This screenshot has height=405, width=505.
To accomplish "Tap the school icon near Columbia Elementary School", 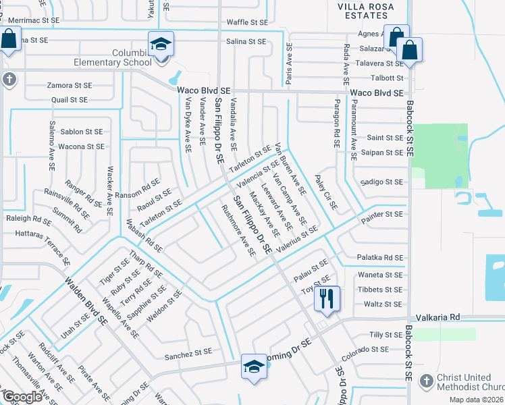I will click(x=161, y=46).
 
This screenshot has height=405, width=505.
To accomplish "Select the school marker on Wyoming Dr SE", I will click(x=254, y=367).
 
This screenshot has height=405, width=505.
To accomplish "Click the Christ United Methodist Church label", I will click(x=467, y=382).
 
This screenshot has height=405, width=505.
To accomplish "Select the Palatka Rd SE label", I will click(x=380, y=258).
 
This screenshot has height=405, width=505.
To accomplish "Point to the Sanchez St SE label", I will click(x=189, y=352).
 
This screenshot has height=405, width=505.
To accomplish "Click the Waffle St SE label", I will click(x=246, y=22).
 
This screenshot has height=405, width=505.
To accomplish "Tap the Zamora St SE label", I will click(x=70, y=86).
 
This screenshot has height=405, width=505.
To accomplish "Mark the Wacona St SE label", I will click(x=81, y=146).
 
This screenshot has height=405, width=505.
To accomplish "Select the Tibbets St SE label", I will click(x=380, y=289).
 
